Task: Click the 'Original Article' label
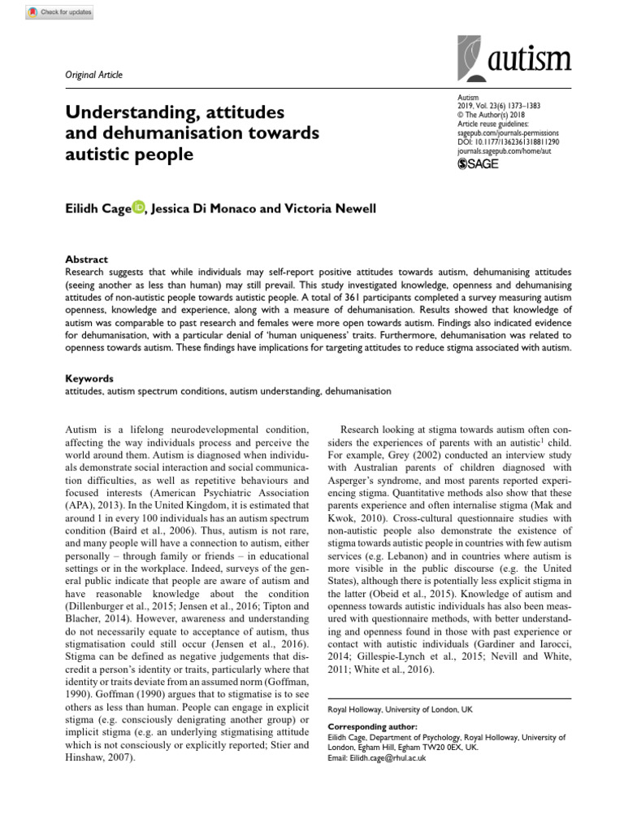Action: click(x=93, y=75)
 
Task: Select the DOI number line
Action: click(x=509, y=141)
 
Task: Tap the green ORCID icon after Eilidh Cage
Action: click(x=138, y=208)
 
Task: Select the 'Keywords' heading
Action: click(x=89, y=379)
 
